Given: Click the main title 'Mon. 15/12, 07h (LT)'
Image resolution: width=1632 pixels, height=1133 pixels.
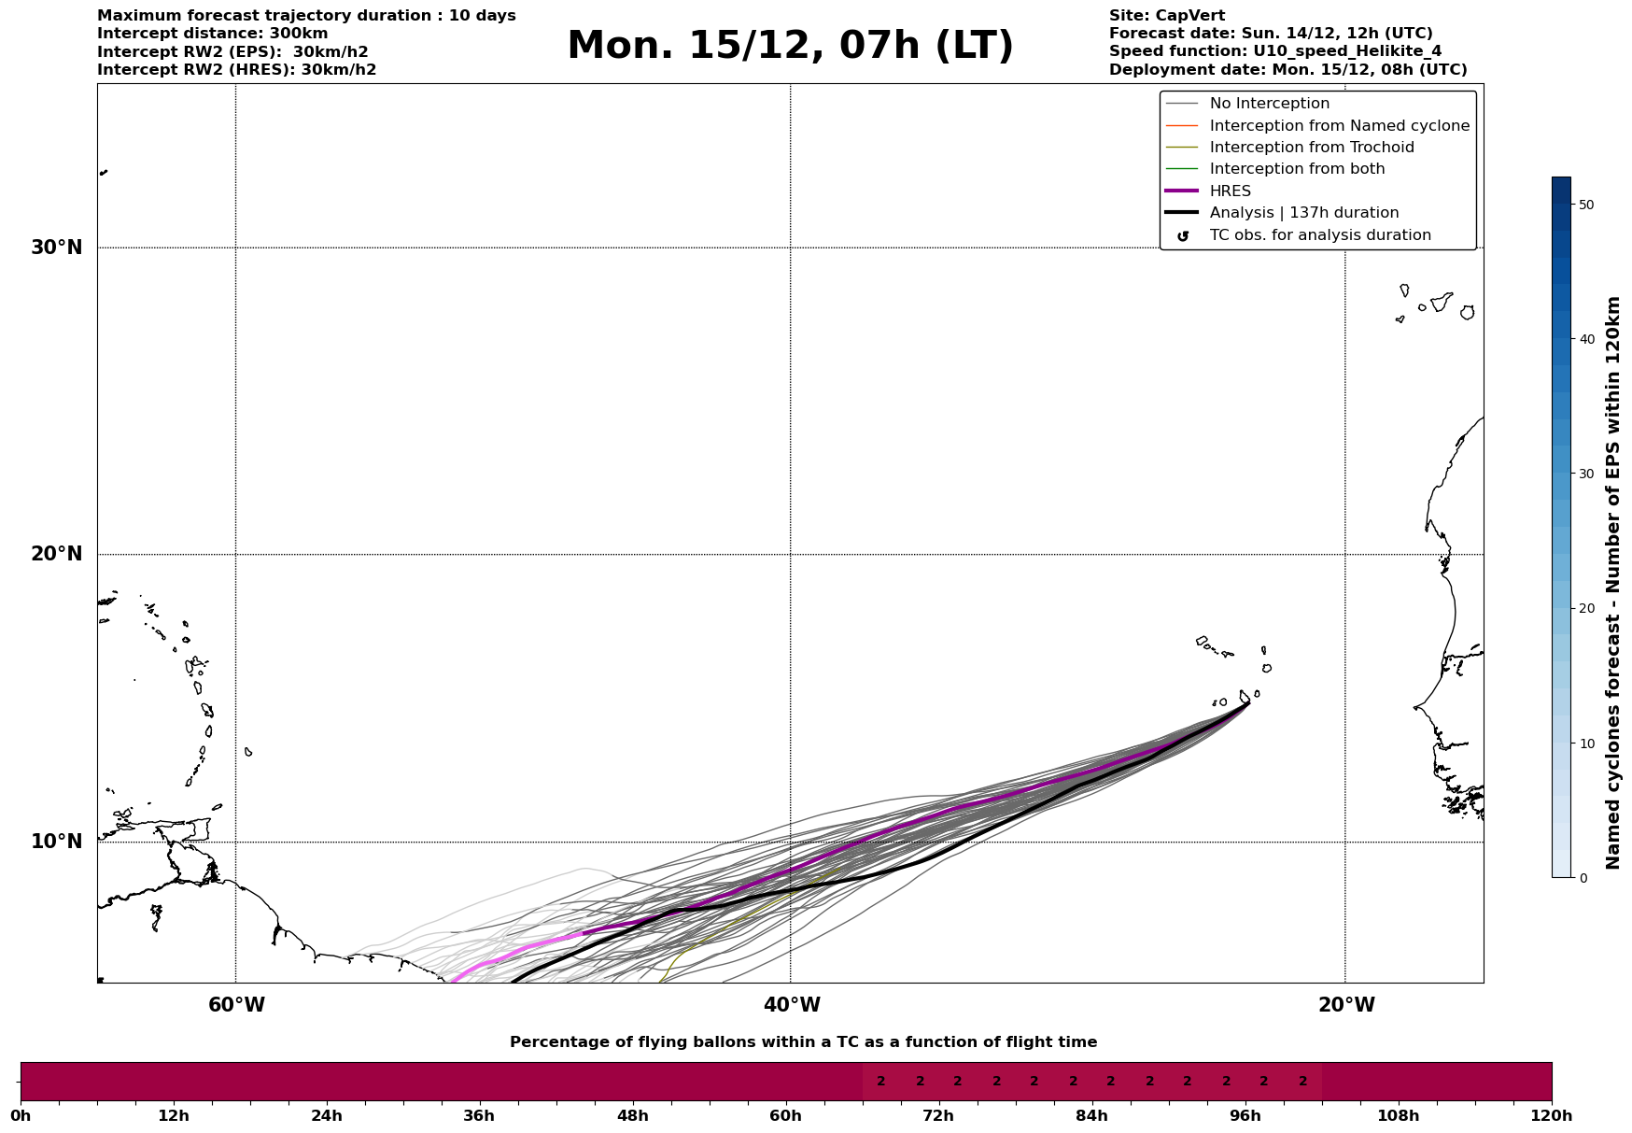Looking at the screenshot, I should coord(790,46).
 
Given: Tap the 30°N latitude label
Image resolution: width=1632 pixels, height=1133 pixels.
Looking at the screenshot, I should coord(56,248).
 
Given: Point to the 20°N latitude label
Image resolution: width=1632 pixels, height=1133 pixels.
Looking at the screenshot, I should coord(56,554).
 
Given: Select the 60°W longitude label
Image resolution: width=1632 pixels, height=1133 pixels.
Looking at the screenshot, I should coord(236,1005).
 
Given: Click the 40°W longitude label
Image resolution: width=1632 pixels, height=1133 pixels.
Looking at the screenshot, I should coord(792,1005).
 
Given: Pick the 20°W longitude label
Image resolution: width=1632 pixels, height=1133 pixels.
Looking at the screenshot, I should coord(1346,1005).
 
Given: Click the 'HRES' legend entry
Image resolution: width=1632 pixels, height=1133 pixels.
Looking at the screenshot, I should coord(1230,191).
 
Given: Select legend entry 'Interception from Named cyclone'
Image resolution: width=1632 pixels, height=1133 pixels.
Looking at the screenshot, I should coord(1339,126).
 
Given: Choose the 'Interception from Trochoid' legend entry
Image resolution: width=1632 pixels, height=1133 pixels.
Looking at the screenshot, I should coord(1311,148).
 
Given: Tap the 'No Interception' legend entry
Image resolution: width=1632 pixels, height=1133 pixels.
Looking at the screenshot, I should coord(1269,104).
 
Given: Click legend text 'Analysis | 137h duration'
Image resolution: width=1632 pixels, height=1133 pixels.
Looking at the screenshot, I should coord(1303,213).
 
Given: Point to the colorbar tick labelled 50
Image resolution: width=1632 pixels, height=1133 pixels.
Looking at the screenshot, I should coord(1585,205).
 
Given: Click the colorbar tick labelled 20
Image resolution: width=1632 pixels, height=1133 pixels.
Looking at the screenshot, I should coord(1585,609).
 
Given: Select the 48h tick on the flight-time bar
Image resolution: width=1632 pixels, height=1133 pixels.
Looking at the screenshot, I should coord(632,1115).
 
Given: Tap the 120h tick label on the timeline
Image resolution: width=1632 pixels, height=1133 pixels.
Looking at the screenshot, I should coord(1552,1115).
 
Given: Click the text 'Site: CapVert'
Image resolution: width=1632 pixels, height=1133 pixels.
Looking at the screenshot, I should coord(1166,16).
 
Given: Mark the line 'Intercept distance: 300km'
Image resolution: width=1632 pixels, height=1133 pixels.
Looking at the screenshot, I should coord(212,34).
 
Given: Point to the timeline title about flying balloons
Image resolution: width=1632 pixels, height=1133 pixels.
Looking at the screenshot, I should coord(803,1042).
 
